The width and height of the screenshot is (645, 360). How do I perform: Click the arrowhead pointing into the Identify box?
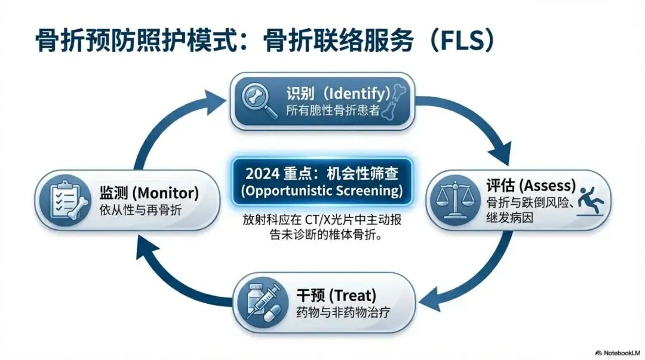214,99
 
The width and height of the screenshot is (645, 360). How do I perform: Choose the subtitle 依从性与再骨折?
141,210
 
